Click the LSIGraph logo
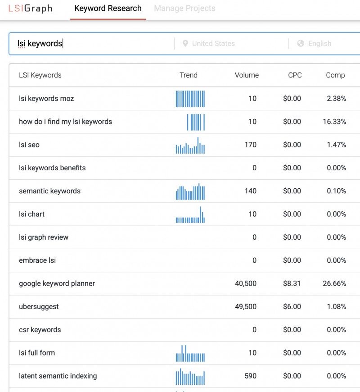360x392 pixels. click(30, 9)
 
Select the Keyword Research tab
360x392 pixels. click(108, 9)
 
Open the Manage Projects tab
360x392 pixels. click(184, 9)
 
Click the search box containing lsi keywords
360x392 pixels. click(90, 44)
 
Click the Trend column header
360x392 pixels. click(189, 75)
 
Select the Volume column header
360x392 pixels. click(247, 75)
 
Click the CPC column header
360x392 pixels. click(295, 75)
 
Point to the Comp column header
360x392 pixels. click(335, 75)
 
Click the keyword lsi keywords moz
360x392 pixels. click(46, 98)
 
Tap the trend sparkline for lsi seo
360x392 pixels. click(190, 146)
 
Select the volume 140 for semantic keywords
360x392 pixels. click(250, 191)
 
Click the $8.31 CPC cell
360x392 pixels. click(292, 283)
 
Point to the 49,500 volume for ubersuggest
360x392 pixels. click(246, 307)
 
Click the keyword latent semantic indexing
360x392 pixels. click(58, 376)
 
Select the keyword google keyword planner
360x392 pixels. click(57, 283)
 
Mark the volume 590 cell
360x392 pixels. click(250, 376)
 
